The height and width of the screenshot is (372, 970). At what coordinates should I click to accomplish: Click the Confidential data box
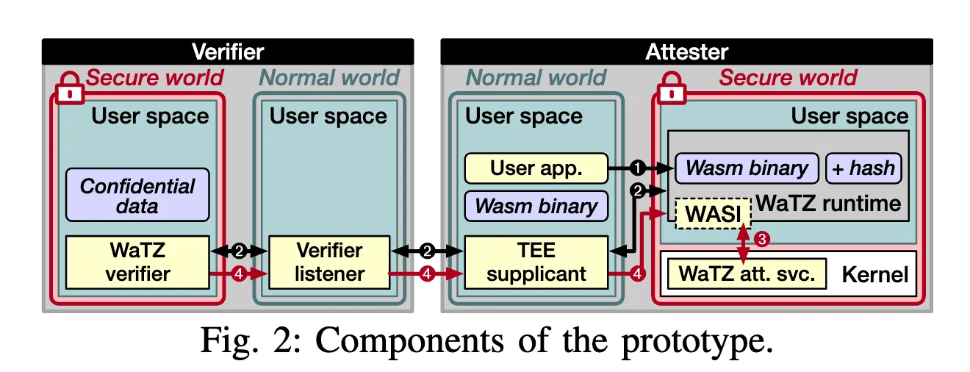[137, 196]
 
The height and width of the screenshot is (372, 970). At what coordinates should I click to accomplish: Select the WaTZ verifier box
[137, 262]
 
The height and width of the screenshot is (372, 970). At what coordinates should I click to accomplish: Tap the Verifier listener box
[328, 262]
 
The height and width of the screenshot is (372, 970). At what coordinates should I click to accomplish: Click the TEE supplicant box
[536, 262]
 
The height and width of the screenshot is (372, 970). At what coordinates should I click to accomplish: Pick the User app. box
[536, 168]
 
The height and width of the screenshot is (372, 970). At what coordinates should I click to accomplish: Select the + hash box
[863, 168]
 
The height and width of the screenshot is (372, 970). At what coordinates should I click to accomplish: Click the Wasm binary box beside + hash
[747, 168]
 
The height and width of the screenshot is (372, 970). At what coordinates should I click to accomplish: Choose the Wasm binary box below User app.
[536, 206]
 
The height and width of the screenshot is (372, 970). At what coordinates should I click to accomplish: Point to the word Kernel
[874, 276]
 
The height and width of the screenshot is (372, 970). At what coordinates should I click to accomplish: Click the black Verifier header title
[228, 51]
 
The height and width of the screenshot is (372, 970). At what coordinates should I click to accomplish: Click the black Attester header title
[686, 51]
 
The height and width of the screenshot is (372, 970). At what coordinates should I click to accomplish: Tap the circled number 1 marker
[638, 168]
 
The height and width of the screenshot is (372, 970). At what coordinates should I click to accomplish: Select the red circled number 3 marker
[763, 238]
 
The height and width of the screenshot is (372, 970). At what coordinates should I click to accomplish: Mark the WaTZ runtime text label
[828, 203]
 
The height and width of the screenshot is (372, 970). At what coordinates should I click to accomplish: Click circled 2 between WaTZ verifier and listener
[239, 251]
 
